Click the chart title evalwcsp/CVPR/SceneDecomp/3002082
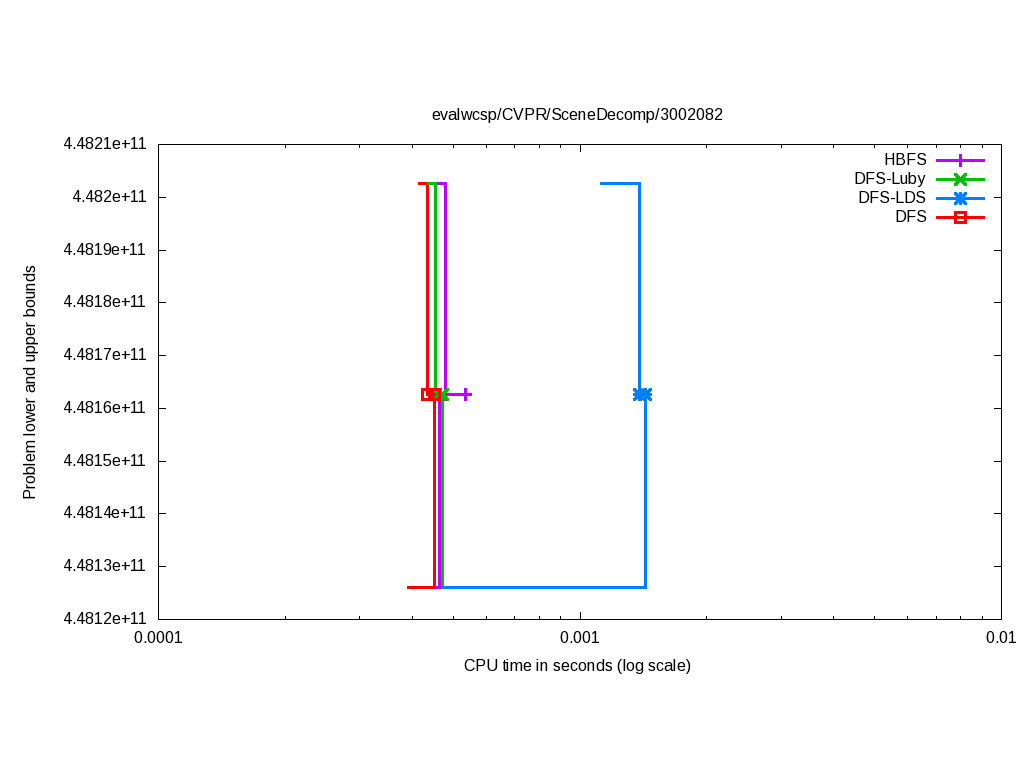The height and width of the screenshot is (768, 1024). tap(577, 114)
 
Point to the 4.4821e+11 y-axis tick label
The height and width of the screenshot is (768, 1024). tap(105, 144)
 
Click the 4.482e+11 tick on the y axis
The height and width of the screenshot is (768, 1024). tap(109, 197)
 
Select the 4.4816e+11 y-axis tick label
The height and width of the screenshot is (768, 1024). tap(105, 408)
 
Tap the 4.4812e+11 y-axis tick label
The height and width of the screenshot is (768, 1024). tap(105, 619)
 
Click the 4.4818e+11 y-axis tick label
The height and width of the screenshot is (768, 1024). tap(105, 302)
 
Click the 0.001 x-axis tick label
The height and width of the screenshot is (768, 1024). tap(580, 638)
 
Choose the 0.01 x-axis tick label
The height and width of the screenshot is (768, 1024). tap(1001, 638)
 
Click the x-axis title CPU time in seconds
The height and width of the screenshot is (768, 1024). tap(577, 665)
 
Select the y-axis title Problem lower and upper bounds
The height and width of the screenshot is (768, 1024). tap(30, 382)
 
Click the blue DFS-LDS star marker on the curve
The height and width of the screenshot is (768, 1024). tap(642, 394)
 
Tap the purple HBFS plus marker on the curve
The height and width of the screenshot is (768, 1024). tap(466, 394)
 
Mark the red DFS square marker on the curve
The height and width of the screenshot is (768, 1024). tap(428, 394)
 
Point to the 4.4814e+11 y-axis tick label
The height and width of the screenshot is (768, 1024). tap(105, 513)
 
